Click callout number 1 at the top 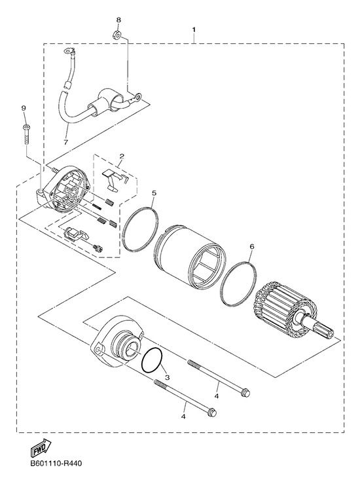point(193,29)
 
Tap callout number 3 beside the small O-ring point(168,377)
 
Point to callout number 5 point(154,193)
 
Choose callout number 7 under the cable point(66,142)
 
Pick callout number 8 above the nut point(118,20)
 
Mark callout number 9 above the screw point(24,108)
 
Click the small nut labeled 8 point(117,34)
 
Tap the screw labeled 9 point(26,135)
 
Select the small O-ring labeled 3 point(152,360)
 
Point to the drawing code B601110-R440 point(56,463)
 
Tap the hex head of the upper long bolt point(245,393)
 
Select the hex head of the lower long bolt point(212,413)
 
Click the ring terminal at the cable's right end point(138,95)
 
